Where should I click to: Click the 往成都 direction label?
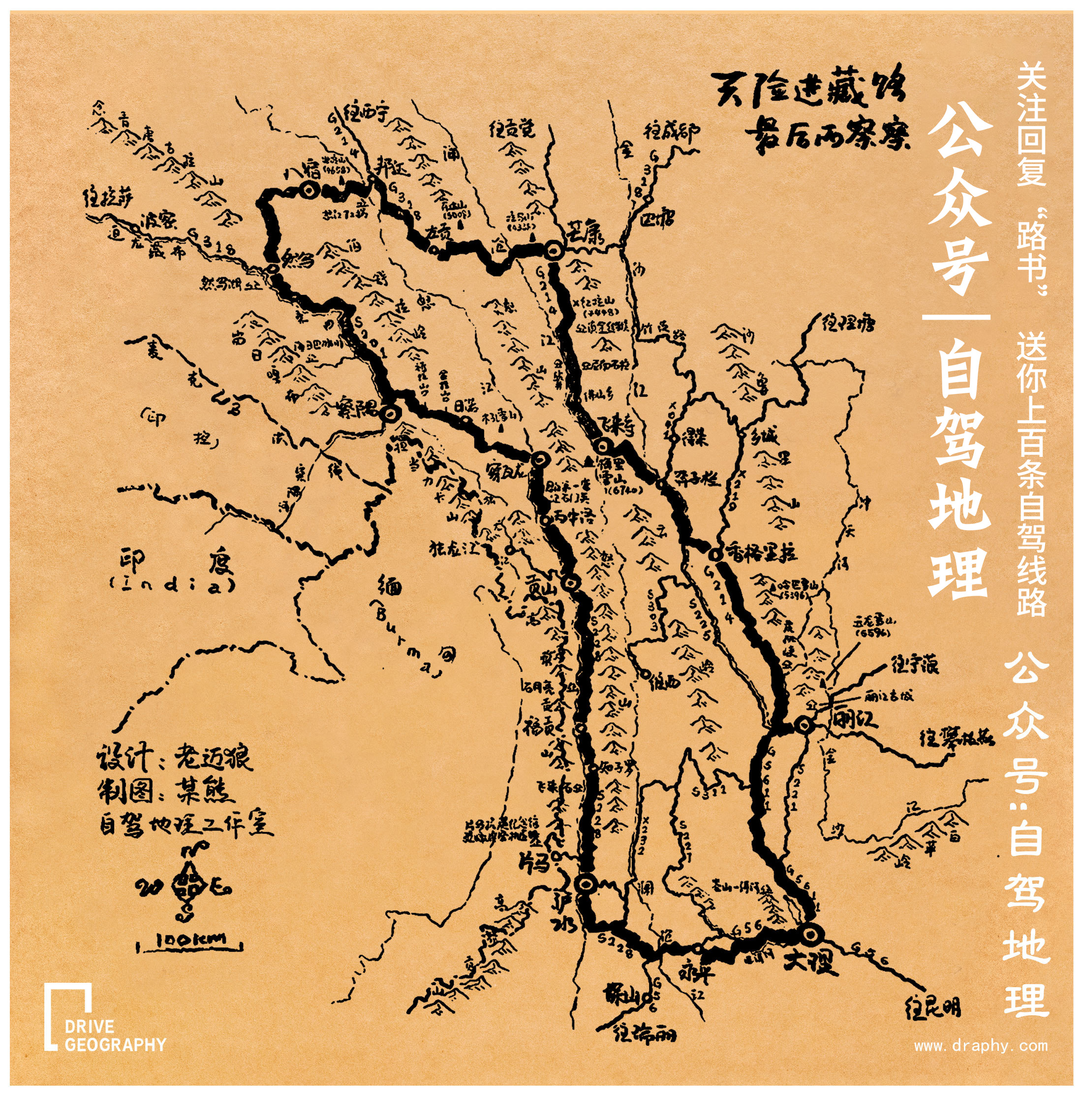point(672,132)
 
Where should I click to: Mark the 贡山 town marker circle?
point(570,582)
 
